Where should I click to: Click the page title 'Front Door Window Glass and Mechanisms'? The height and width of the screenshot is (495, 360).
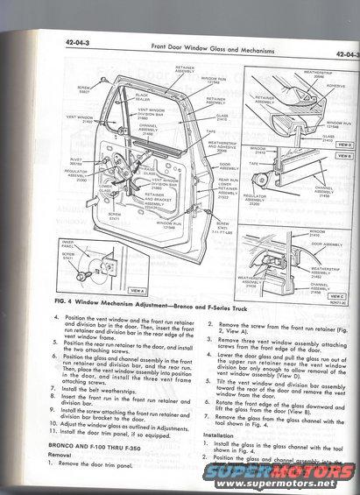(x=187, y=58)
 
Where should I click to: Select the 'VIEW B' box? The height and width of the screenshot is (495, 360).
(x=344, y=155)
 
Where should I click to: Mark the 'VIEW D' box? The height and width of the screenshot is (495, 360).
(x=344, y=145)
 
